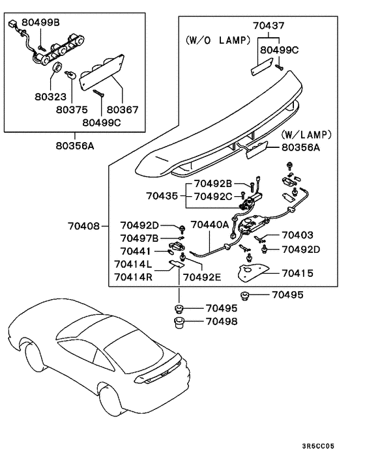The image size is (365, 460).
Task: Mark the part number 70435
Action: tap(162, 195)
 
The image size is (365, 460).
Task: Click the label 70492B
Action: tap(211, 184)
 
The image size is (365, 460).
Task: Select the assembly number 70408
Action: tap(83, 226)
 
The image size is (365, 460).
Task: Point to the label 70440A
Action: tap(209, 225)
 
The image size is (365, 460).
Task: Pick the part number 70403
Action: tap(297, 235)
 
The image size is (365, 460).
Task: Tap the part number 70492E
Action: tap(203, 277)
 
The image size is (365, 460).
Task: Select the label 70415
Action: tap(297, 273)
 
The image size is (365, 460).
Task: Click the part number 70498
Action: tap(223, 321)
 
